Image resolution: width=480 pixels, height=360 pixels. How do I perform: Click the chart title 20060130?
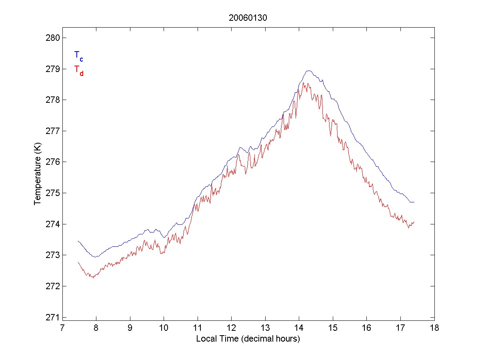(248, 18)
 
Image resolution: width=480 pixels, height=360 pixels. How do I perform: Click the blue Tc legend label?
(78, 56)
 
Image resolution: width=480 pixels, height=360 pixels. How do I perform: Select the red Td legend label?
(78, 70)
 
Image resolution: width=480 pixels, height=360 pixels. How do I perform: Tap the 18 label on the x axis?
(434, 328)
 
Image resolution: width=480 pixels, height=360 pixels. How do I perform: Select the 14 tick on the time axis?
(299, 328)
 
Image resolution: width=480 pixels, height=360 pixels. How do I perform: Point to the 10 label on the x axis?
(164, 328)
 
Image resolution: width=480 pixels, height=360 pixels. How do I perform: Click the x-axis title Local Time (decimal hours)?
(248, 339)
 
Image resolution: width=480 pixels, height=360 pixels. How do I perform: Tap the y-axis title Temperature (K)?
(38, 178)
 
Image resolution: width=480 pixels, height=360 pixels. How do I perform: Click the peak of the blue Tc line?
(308, 71)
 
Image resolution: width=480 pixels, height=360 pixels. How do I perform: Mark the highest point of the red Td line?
(304, 83)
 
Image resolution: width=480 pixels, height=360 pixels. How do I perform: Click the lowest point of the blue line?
(95, 257)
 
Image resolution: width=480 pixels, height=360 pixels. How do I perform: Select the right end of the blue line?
(414, 202)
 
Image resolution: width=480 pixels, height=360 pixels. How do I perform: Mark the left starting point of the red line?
(78, 262)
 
